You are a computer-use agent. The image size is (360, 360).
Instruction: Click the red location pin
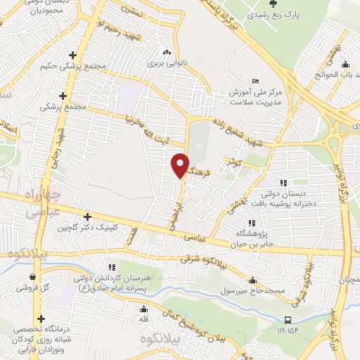[181, 165]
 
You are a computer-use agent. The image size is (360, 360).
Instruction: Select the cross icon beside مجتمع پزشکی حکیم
[72, 55]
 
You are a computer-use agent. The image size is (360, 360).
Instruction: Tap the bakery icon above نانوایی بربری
[167, 52]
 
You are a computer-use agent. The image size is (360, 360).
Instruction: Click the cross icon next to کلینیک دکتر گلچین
[87, 217]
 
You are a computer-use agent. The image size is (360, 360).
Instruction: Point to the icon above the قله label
[144, 309]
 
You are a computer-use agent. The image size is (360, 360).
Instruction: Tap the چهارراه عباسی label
[32, 205]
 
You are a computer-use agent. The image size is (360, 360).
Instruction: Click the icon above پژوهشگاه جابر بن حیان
[252, 223]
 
